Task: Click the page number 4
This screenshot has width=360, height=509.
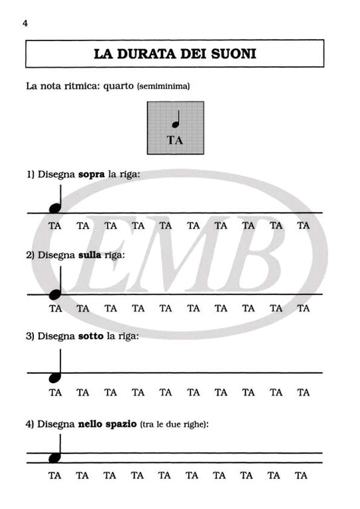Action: (x=25, y=23)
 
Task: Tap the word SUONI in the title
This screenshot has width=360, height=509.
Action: (x=234, y=54)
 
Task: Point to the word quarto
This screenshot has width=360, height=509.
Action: (x=118, y=87)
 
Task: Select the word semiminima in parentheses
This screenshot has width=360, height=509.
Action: (x=164, y=86)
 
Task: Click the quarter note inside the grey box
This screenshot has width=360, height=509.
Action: (x=176, y=119)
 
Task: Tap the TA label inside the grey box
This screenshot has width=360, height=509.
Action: (x=175, y=141)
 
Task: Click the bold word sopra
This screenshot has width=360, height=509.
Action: (x=91, y=175)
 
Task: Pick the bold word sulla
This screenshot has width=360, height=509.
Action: (x=90, y=255)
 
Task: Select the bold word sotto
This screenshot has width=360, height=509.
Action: (x=91, y=336)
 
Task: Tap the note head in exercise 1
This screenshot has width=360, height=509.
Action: (x=55, y=207)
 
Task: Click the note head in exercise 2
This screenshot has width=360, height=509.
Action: (x=55, y=294)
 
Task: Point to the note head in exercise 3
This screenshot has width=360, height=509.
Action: (x=55, y=377)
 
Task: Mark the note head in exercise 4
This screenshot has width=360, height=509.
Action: (x=55, y=458)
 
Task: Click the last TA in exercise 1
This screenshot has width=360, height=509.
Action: (x=303, y=225)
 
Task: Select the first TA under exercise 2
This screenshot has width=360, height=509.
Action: (x=55, y=308)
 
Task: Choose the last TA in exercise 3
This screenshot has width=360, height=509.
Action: (x=303, y=392)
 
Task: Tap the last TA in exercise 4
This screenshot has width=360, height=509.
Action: (x=300, y=476)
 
